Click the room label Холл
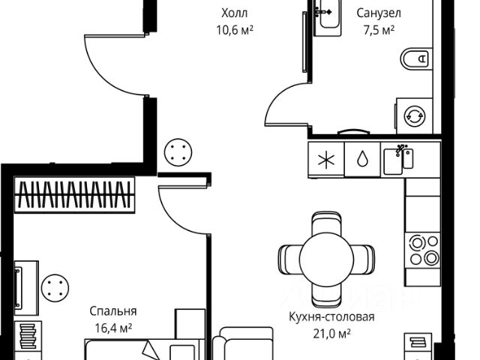pos(234,13)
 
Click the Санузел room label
pos(378,13)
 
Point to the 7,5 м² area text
pos(377,30)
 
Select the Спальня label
pos(113,310)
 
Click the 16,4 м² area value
pos(114,327)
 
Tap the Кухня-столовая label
pos(331,316)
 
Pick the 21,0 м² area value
pos(331,333)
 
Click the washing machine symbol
pos(413,115)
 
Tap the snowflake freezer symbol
pos(325,160)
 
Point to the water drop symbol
pos(361,160)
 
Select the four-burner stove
pos(421,250)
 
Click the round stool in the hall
pos(178,154)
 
